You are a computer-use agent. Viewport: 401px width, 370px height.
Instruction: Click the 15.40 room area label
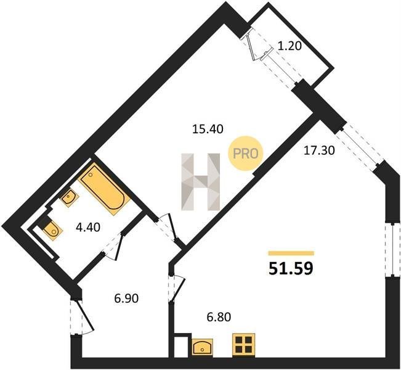[208, 129]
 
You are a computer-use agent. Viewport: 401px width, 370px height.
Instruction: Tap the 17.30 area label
[319, 150]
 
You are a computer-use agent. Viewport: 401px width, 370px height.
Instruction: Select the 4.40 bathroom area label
[88, 227]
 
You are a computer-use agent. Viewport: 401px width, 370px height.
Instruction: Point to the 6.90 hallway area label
[126, 298]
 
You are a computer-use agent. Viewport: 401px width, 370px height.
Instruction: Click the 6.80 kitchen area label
[219, 317]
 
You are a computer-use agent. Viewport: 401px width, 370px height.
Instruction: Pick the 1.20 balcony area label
[290, 46]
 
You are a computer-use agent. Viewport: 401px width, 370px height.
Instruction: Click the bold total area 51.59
[291, 269]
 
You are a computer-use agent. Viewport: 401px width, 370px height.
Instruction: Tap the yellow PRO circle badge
[246, 154]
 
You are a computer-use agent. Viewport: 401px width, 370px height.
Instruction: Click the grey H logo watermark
[201, 182]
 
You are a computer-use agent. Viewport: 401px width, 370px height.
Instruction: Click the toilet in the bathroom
[52, 229]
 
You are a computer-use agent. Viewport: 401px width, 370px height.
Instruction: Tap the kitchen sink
[202, 347]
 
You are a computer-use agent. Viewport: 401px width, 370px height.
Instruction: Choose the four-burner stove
[244, 345]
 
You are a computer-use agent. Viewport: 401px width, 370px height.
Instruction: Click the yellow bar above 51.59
[291, 253]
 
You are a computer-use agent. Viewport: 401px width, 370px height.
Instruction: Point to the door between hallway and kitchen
[176, 289]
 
